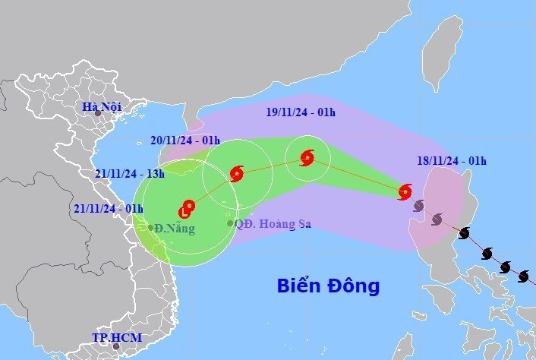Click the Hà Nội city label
click(102, 106)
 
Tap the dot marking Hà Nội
click(97, 113)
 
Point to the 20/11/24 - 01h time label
click(185, 140)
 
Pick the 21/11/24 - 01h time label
click(109, 208)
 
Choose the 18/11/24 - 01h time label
click(453, 160)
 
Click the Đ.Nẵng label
click(176, 228)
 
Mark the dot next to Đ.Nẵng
click(151, 227)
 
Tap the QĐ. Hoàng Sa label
click(273, 223)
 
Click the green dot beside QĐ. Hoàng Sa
click(229, 223)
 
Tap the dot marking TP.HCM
click(115, 346)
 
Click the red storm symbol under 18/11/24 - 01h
click(405, 191)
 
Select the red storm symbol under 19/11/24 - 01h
click(307, 158)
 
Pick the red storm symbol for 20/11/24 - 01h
click(237, 174)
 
